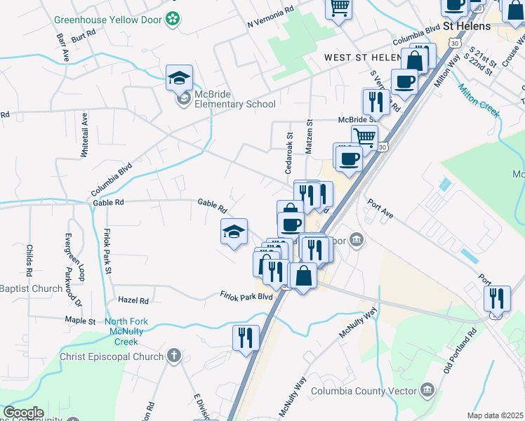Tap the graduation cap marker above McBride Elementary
(179, 78)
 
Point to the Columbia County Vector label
(363, 391)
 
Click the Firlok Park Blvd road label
(245, 296)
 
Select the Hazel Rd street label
(133, 300)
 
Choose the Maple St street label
(80, 321)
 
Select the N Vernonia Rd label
(270, 19)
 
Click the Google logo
(23, 413)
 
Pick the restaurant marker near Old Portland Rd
(497, 298)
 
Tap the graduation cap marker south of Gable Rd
(234, 232)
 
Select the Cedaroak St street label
(288, 152)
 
